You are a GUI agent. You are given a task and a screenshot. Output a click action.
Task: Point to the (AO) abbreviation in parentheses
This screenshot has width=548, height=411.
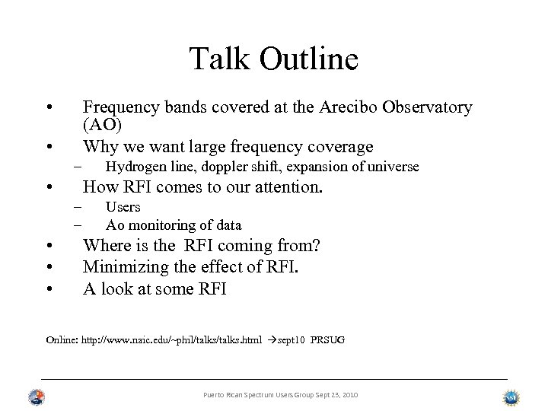tap(101, 125)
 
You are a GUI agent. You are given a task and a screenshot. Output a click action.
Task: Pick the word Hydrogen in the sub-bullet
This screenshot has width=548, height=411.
tap(133, 167)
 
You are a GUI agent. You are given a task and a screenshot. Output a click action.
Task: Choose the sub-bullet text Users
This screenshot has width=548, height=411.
tap(123, 207)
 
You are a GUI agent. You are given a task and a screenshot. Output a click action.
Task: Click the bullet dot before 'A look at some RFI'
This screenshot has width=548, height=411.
tap(48, 288)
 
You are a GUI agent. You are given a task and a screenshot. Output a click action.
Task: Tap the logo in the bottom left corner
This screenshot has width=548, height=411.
tap(35, 397)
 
